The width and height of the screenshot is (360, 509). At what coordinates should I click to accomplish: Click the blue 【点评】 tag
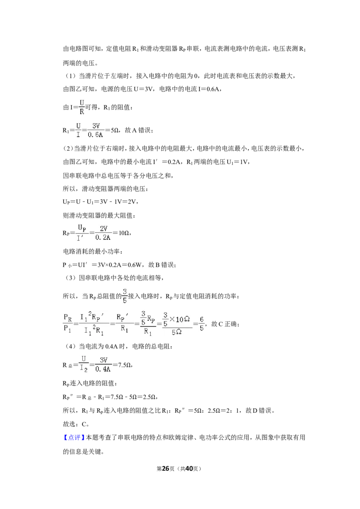click(74, 437)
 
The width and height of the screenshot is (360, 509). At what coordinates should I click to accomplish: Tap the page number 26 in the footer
click(166, 469)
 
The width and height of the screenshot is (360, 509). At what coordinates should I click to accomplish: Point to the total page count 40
click(189, 469)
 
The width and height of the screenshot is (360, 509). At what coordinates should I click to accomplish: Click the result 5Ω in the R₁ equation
click(115, 130)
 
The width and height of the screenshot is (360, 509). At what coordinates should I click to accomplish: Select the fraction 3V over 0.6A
click(96, 130)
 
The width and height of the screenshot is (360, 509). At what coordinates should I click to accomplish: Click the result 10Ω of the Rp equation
click(124, 233)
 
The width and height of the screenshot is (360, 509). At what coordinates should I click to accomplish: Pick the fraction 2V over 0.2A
click(103, 233)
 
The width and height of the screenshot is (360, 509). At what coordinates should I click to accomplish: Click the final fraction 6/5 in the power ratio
click(202, 324)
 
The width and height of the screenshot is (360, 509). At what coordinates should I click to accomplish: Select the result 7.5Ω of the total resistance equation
click(125, 365)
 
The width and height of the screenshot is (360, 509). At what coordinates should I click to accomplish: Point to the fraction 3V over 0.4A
click(103, 365)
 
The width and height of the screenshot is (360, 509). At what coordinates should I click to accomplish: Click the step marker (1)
click(70, 76)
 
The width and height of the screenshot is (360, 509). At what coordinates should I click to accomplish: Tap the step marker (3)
click(70, 277)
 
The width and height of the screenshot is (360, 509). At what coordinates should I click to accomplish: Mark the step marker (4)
click(70, 346)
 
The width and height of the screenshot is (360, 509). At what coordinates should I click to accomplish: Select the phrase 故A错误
click(138, 130)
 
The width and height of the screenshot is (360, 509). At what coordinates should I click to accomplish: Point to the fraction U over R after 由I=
click(82, 107)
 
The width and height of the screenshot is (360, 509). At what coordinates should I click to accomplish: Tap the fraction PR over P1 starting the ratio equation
click(67, 323)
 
